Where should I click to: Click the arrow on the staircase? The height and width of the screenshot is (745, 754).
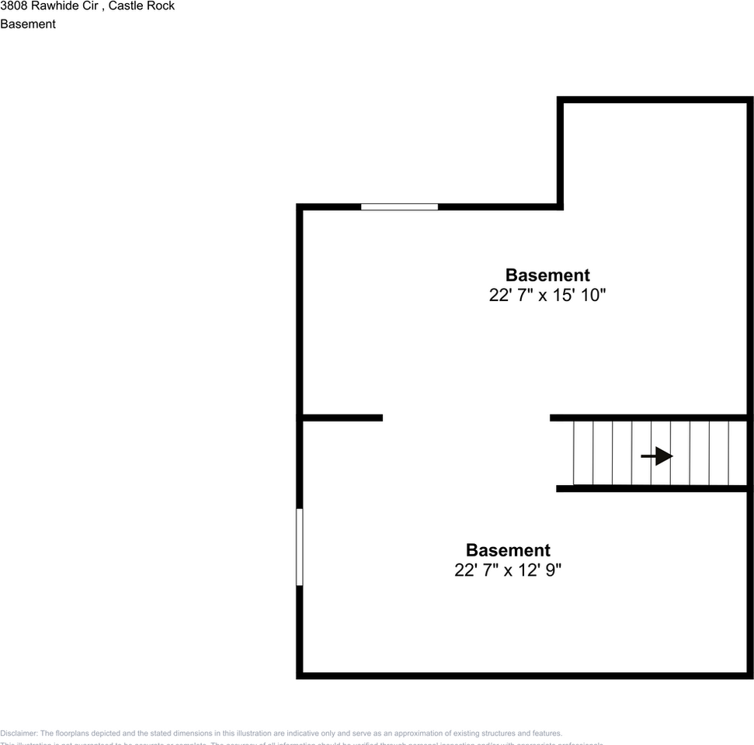[657, 456]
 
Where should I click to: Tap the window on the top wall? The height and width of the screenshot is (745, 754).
[399, 206]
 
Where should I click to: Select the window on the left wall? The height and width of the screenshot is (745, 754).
[300, 546]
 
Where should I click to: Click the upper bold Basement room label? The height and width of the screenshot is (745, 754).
[547, 275]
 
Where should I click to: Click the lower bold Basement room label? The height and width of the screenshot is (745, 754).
[508, 550]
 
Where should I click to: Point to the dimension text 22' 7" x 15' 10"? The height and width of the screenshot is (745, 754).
[547, 296]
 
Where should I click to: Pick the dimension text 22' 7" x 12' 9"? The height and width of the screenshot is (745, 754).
[508, 570]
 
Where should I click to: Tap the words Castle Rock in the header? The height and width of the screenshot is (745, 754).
[141, 6]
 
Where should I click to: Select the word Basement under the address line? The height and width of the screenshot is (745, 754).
[28, 24]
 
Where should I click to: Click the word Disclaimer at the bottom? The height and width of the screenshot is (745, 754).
[18, 733]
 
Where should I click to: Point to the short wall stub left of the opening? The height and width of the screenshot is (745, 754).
[342, 418]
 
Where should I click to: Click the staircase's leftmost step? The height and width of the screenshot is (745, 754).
[583, 453]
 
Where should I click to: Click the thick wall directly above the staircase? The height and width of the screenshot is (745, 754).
[649, 418]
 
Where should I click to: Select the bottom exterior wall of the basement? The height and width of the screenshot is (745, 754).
[525, 675]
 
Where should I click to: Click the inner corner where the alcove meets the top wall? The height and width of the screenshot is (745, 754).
[560, 206]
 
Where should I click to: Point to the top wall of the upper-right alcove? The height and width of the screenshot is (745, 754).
[655, 100]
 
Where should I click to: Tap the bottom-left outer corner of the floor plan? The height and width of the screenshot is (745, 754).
[299, 676]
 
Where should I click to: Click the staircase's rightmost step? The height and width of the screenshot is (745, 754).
[738, 453]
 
